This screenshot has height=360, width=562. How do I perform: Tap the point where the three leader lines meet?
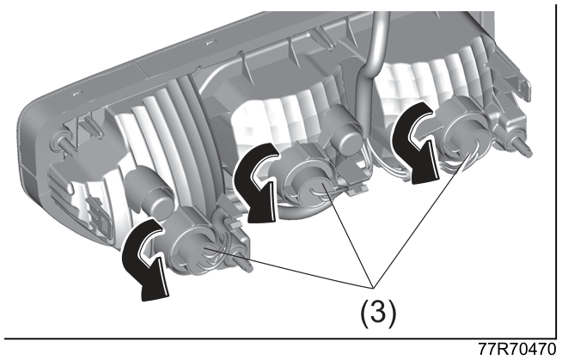tap(373, 287)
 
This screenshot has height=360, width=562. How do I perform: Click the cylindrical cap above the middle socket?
tap(343, 131)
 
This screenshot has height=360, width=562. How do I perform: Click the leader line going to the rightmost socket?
tap(421, 220)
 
